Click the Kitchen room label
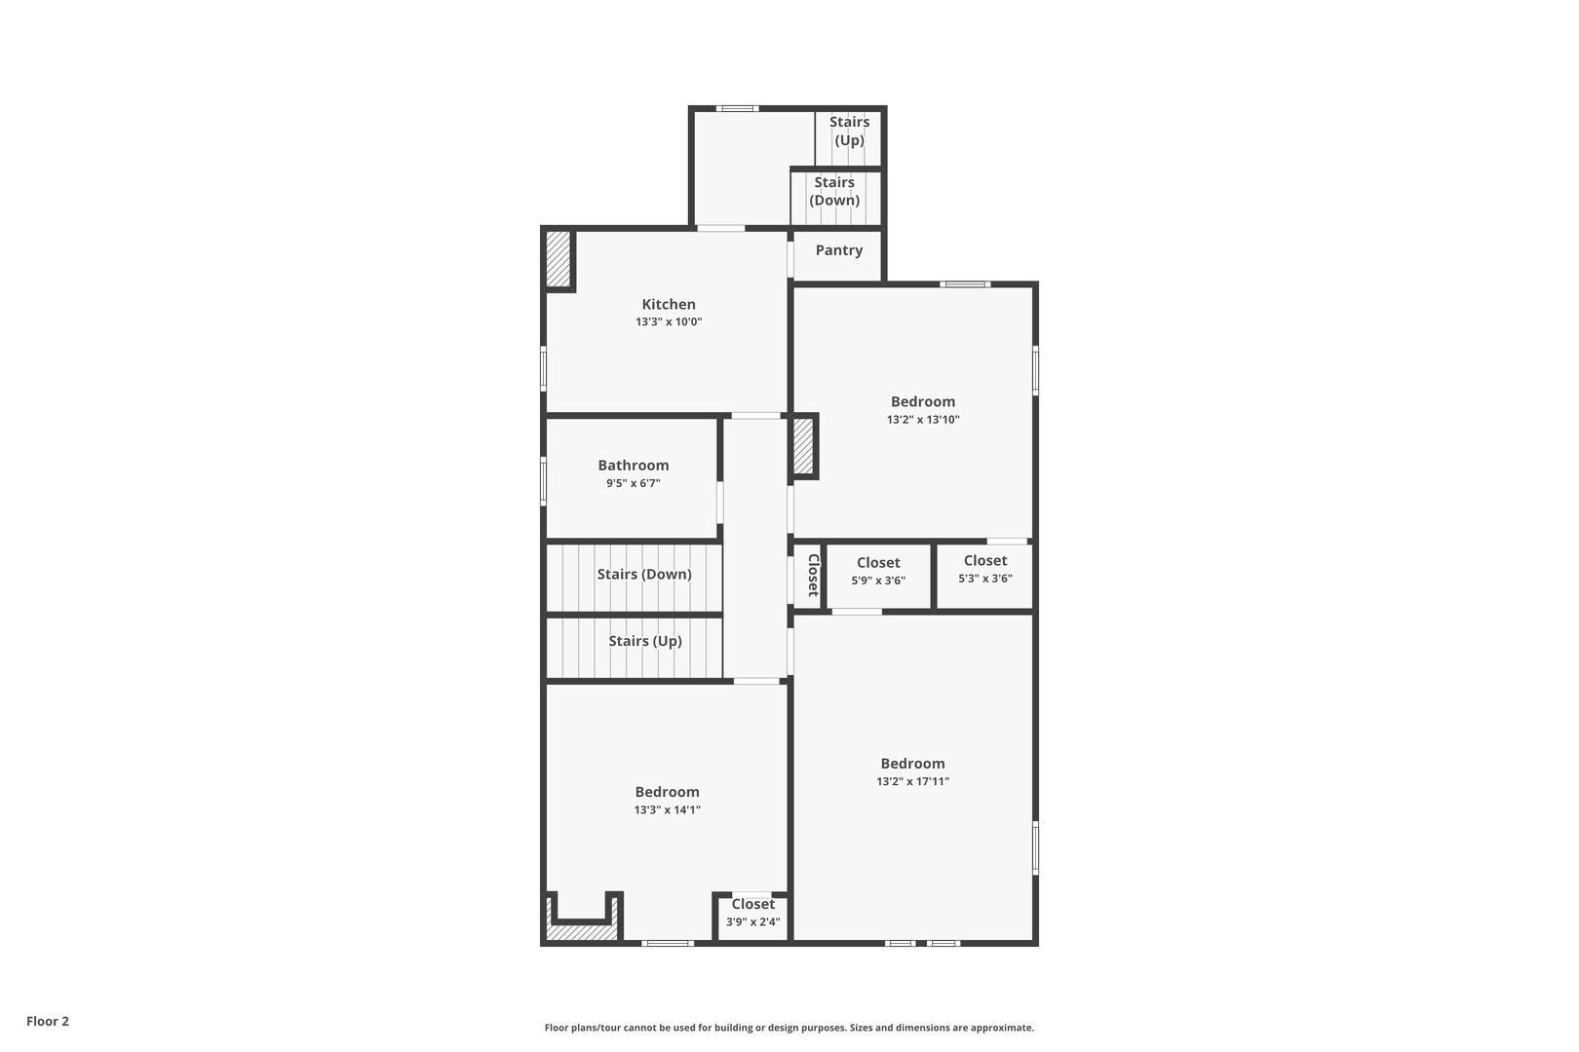669,304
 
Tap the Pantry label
839,250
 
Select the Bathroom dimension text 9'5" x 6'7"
633,483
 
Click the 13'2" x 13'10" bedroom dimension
923,419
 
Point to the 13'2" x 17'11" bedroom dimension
913,781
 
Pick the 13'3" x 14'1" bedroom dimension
667,809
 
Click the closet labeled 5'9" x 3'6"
878,571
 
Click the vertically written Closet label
814,575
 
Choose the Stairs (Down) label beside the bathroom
644,575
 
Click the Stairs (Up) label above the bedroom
645,641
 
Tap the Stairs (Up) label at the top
849,131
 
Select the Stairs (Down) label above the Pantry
834,191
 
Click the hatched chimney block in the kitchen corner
558,258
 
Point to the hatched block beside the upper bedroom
803,446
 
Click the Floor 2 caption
48,1021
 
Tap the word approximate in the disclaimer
1002,1028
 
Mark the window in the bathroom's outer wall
543,481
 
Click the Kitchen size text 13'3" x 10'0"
669,322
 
